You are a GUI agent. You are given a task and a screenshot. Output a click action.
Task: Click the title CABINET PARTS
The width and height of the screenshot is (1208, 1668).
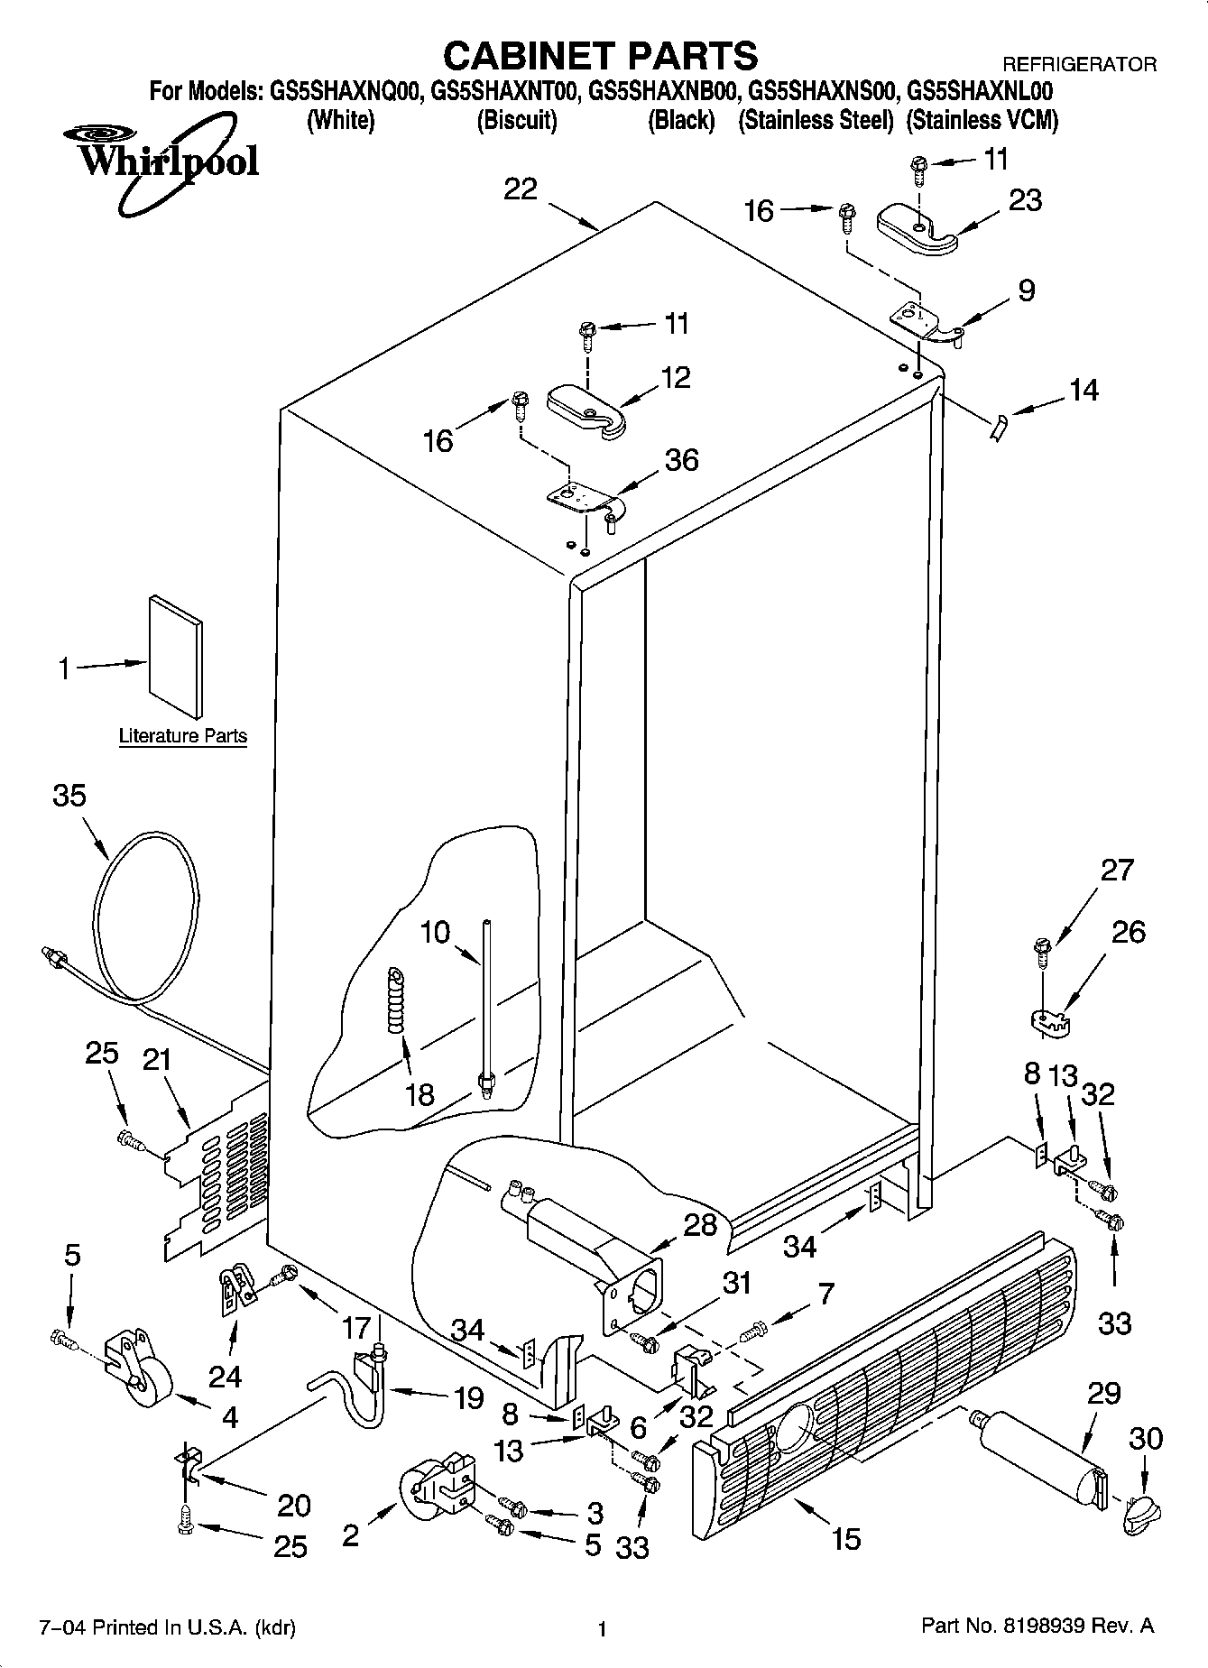click(601, 55)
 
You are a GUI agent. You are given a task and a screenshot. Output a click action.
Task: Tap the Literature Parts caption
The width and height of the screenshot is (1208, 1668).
click(183, 736)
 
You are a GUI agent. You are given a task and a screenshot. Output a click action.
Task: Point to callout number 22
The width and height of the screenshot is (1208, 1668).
click(521, 189)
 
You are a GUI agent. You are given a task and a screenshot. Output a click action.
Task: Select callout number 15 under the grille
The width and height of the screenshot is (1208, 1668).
click(845, 1537)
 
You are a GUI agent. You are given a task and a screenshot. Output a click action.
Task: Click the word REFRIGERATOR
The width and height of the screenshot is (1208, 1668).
click(1079, 65)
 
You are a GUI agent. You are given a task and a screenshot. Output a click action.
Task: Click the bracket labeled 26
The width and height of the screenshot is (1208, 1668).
click(1048, 1020)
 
